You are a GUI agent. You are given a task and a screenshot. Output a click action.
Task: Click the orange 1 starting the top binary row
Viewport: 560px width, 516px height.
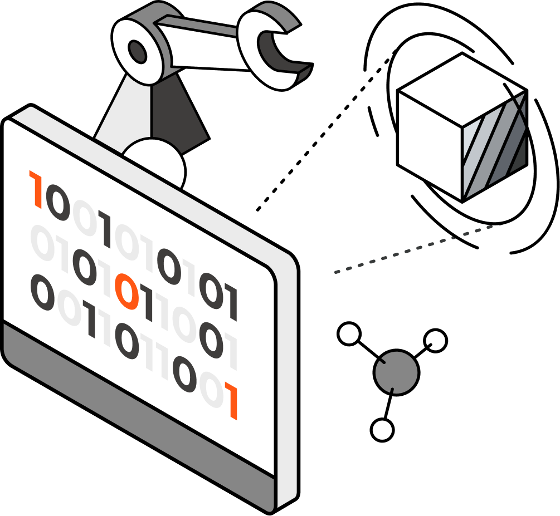(37, 190)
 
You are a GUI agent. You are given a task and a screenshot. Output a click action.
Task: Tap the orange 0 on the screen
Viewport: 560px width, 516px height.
(126, 292)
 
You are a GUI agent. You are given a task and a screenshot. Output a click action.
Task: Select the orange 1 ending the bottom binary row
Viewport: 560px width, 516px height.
(232, 400)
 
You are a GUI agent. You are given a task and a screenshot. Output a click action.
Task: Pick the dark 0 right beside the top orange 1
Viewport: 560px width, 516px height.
(57, 203)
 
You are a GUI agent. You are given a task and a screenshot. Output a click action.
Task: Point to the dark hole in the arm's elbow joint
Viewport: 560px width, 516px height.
(137, 52)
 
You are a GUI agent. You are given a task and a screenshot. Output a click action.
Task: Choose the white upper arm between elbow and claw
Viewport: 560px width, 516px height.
(206, 47)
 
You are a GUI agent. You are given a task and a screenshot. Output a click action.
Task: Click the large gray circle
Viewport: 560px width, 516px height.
(396, 372)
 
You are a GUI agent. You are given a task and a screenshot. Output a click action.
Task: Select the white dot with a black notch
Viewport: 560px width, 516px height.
(435, 341)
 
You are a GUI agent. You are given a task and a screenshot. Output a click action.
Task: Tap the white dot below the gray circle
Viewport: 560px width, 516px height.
(382, 430)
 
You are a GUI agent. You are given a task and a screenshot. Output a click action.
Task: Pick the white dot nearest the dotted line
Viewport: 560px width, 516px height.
(349, 334)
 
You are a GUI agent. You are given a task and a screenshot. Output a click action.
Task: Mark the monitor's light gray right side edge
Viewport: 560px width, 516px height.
(286, 379)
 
